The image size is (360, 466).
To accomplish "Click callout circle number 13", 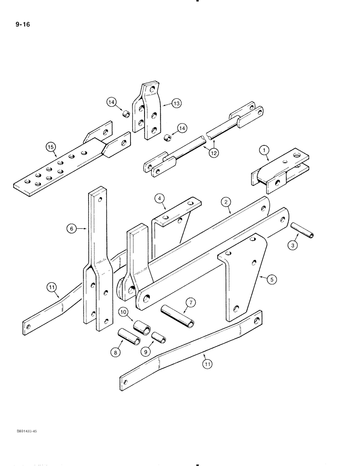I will [x=176, y=104].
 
